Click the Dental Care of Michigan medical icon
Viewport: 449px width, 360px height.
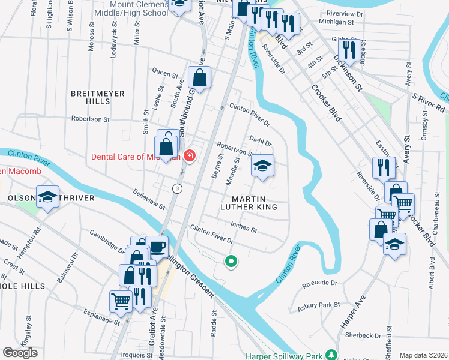point(190,157)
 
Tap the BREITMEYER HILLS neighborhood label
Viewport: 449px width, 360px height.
point(98,98)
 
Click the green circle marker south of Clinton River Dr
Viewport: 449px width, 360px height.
point(229,261)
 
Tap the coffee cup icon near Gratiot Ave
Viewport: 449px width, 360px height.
point(157,247)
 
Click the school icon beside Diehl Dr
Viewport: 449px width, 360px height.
point(262,166)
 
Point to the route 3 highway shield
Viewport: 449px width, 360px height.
point(177,188)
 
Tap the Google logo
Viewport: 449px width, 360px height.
point(20,353)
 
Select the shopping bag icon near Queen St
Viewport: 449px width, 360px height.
point(199,77)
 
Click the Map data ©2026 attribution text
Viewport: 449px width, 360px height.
point(423,355)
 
